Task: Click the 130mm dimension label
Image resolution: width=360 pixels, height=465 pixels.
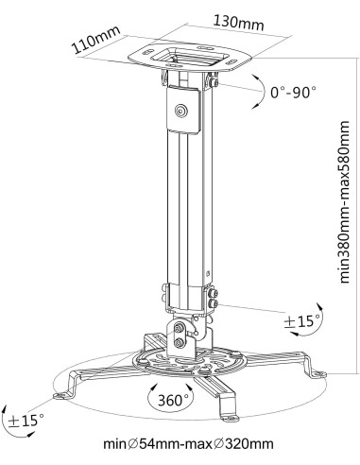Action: click(238, 22)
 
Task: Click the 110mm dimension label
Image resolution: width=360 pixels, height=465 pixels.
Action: click(96, 40)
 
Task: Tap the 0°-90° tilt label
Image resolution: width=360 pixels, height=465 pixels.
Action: click(294, 93)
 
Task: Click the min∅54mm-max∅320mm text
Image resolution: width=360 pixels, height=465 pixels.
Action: click(189, 444)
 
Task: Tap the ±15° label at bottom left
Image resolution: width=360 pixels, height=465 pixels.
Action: click(26, 421)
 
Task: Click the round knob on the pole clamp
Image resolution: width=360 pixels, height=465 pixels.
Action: click(181, 111)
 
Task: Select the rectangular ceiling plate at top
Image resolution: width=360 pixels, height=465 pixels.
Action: click(190, 58)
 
